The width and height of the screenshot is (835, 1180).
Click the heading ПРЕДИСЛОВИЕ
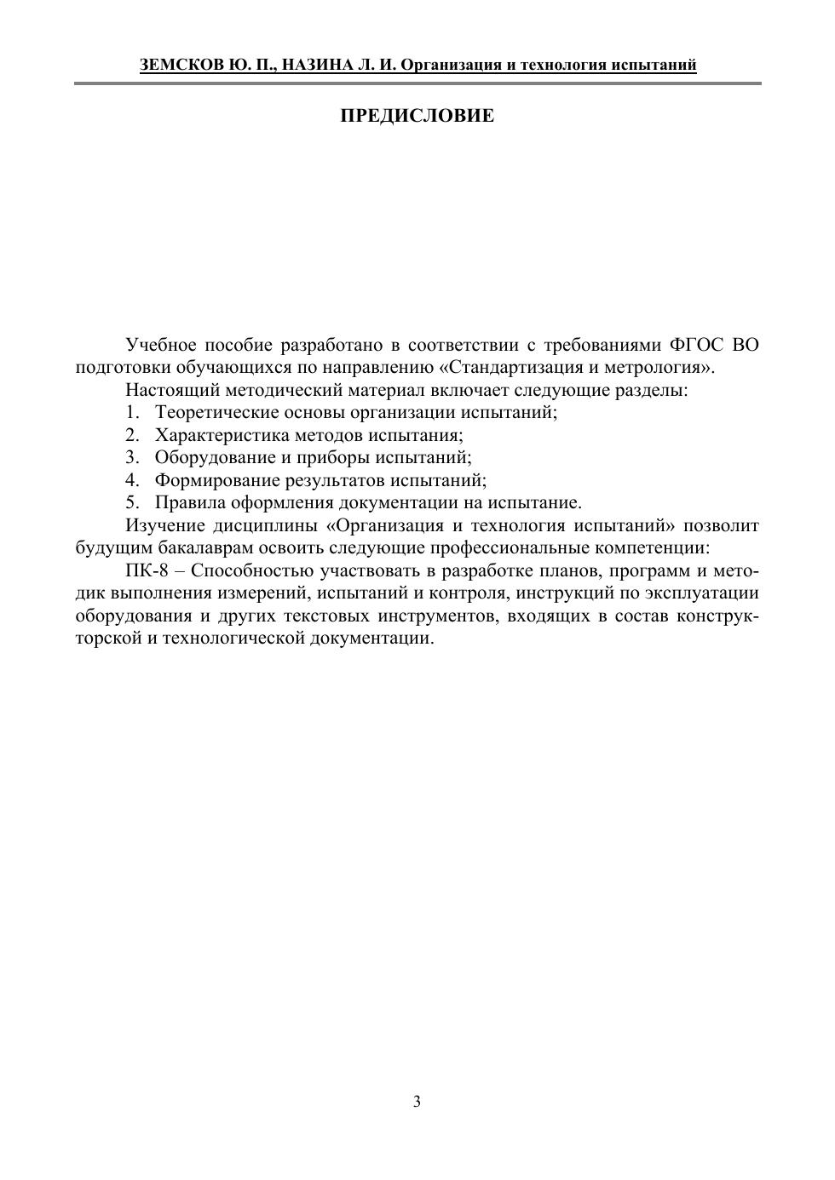tap(417, 116)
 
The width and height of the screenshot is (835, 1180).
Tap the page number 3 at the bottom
tap(417, 1102)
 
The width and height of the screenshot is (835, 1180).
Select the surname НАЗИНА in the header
tap(314, 66)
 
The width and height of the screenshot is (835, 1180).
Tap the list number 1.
tap(131, 413)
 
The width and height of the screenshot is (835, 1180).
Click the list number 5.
tap(131, 502)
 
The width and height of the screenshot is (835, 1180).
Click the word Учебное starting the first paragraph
tap(161, 345)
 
